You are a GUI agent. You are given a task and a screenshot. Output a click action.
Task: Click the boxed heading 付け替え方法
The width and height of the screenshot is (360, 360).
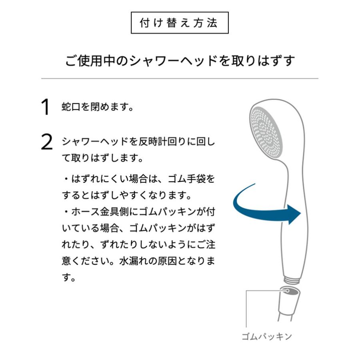(x=180, y=23)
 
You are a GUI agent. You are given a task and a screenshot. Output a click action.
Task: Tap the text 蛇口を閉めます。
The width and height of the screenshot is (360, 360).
(x=97, y=108)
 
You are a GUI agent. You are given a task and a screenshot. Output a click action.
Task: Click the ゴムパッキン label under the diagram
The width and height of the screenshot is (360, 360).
(x=266, y=336)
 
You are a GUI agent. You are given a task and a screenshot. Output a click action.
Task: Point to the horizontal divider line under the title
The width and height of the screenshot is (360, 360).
(x=180, y=78)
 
